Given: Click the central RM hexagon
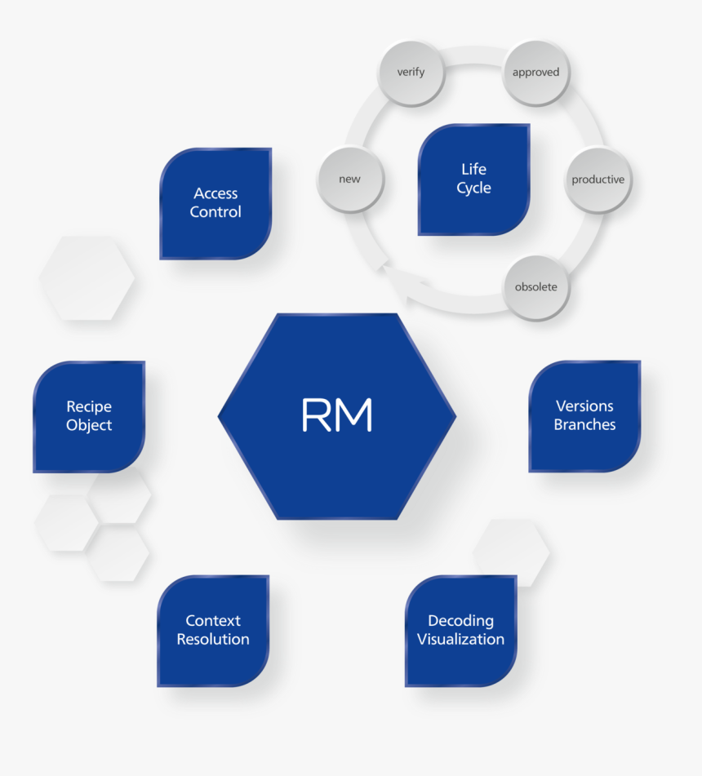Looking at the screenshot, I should coord(337,416).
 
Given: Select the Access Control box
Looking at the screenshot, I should coord(215,203).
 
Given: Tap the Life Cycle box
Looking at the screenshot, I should coord(473,179).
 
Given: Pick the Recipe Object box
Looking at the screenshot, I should coord(89,416).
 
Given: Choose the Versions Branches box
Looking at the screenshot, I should coord(584,415).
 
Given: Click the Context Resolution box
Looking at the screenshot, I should coord(213,630).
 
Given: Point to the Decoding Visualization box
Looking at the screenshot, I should coord(461,630).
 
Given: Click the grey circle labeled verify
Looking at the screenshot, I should coord(411,72).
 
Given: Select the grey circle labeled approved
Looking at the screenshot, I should coord(535,72).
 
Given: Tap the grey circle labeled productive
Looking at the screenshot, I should coord(598,180).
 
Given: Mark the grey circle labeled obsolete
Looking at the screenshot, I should coord(535,286).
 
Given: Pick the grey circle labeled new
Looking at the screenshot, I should coord(349,180).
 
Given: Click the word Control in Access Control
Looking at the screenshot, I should coord(215,212).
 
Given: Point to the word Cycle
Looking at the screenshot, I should coord(473,188).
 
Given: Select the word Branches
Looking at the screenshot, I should coord(584,424).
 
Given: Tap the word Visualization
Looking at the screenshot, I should coord(461,639).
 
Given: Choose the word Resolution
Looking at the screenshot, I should coord(213,639).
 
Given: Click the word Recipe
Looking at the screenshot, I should coord(89,406).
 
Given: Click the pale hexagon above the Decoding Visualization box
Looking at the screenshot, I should coord(511,552).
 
